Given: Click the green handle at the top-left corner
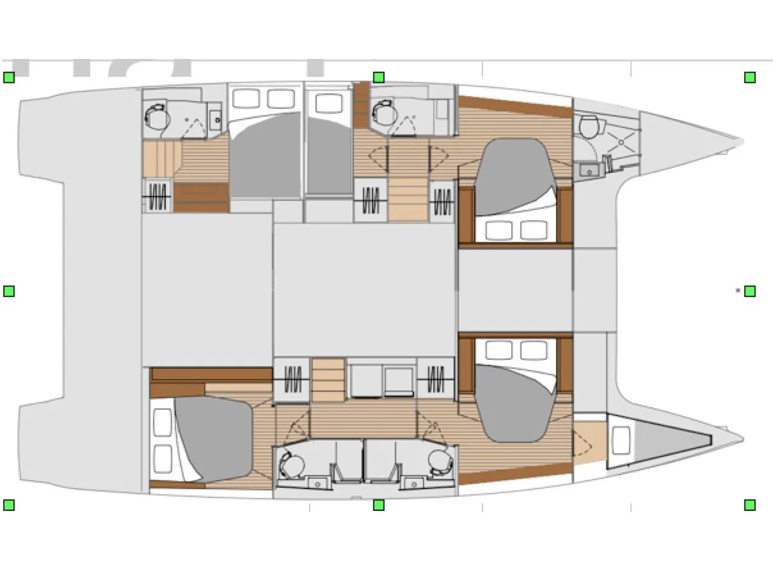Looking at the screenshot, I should click(9, 77).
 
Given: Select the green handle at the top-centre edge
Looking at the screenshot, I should click(378, 77).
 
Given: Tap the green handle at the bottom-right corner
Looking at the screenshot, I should click(749, 505).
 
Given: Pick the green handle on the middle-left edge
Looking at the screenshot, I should click(9, 291).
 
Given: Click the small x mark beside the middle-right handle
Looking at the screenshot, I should click(738, 291).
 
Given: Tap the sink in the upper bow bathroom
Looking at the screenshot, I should click(587, 170).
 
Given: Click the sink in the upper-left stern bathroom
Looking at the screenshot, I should click(215, 118).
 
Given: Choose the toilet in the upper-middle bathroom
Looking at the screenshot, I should click(384, 114).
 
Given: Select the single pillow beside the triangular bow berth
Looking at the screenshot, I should click(621, 440).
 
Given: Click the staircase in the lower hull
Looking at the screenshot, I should click(328, 380).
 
